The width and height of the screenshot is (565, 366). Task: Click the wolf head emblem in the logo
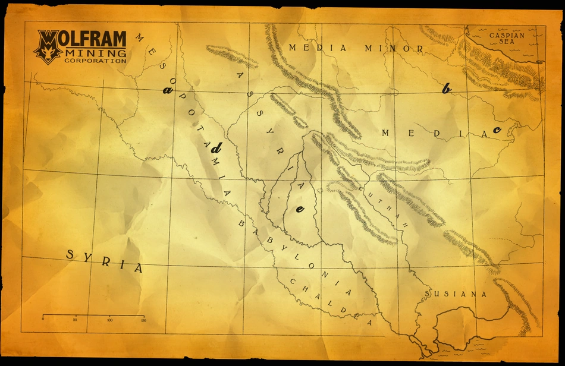pos(48,48)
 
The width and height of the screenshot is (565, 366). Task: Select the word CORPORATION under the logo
pos(95,61)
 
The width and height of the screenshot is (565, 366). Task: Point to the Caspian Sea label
pos(507,39)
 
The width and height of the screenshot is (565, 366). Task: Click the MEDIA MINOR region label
pos(356,48)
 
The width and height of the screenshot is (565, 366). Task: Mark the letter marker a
pos(168,90)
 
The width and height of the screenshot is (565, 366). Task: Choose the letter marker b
pos(446,89)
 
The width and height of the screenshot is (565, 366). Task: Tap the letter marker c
pos(497,129)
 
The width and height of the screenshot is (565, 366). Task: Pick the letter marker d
pos(217,149)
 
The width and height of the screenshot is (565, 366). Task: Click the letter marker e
pos(300,209)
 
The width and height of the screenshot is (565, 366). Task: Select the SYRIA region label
pos(105,261)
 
